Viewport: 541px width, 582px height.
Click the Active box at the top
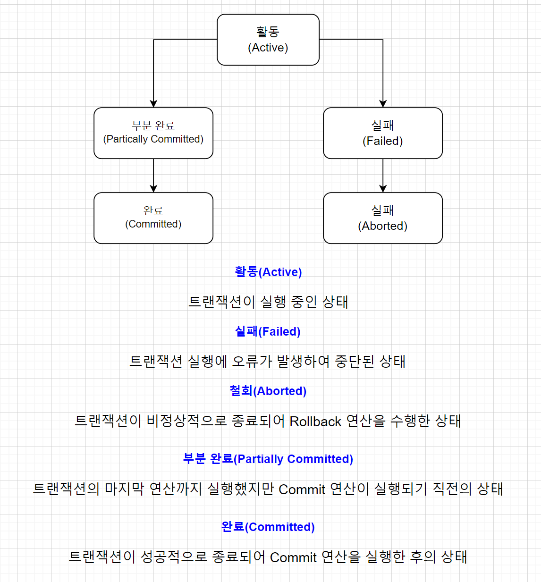[x=268, y=40]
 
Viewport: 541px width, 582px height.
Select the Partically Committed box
[x=153, y=133]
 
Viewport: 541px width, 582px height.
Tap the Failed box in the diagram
[x=383, y=133]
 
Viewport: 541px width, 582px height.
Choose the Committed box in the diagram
[x=153, y=218]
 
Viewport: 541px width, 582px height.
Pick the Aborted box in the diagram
[x=383, y=218]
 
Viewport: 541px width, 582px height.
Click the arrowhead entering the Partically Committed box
[x=153, y=103]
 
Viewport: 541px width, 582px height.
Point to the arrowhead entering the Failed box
[x=383, y=103]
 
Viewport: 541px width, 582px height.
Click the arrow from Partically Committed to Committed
[x=153, y=176]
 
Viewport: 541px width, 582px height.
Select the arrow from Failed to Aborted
[x=383, y=176]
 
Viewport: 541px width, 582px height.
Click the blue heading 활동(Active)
[x=268, y=272]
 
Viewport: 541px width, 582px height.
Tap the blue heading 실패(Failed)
[x=268, y=331]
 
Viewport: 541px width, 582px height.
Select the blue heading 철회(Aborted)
[x=268, y=391]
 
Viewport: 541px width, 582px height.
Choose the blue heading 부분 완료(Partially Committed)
[x=268, y=459]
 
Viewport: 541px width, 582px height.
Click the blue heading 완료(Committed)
[x=268, y=527]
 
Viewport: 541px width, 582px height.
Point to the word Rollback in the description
[x=315, y=422]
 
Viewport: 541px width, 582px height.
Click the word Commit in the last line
[x=293, y=557]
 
